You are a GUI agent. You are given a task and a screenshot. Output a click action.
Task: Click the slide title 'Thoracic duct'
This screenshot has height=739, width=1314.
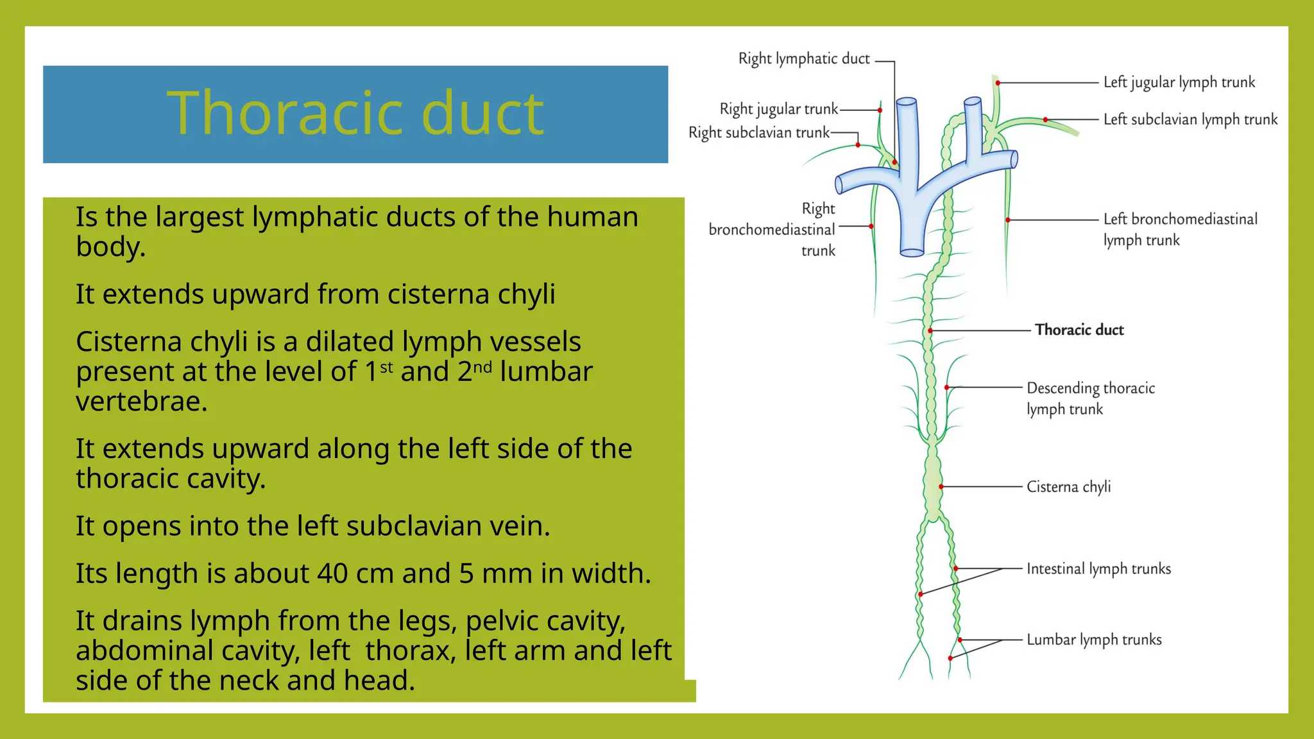[x=355, y=114]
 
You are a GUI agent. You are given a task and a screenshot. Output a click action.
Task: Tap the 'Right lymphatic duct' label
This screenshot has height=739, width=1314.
[x=803, y=59]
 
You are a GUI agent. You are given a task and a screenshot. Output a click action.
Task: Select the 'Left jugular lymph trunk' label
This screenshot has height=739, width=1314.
[x=1179, y=83]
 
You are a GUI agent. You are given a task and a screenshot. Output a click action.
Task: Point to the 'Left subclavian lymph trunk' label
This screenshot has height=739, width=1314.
[x=1190, y=120]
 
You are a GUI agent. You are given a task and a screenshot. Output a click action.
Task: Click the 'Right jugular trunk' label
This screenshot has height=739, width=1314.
[x=778, y=110]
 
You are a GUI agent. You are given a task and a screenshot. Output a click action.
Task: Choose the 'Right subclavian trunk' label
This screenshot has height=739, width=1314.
[x=758, y=133]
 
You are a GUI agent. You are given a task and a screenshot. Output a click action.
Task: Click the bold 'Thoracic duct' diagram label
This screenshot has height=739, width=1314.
[x=1079, y=330]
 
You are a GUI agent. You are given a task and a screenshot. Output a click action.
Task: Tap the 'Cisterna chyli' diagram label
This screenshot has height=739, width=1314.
[x=1068, y=487]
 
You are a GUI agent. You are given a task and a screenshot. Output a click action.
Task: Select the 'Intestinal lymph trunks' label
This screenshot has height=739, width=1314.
[x=1098, y=569]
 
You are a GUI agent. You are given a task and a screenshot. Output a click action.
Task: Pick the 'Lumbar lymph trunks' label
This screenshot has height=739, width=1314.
[x=1094, y=640]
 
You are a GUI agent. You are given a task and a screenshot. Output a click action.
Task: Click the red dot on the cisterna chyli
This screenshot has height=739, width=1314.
[x=941, y=487]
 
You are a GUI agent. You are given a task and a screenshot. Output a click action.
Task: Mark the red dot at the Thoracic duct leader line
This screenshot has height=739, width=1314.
[x=930, y=331]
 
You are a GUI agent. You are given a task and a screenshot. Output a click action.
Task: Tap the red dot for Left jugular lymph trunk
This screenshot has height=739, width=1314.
[x=998, y=83]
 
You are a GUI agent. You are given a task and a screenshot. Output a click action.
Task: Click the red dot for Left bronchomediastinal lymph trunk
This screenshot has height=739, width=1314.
[x=1008, y=220]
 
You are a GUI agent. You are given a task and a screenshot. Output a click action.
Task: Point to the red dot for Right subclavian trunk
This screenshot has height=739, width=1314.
[x=858, y=145]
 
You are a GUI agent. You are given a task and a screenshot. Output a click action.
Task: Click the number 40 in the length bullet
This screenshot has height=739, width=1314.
[x=332, y=573]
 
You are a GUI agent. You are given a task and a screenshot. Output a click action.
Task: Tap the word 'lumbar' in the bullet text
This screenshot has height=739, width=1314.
[x=546, y=372]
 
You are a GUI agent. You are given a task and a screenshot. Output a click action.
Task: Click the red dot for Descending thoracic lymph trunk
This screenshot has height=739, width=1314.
[x=947, y=387]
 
